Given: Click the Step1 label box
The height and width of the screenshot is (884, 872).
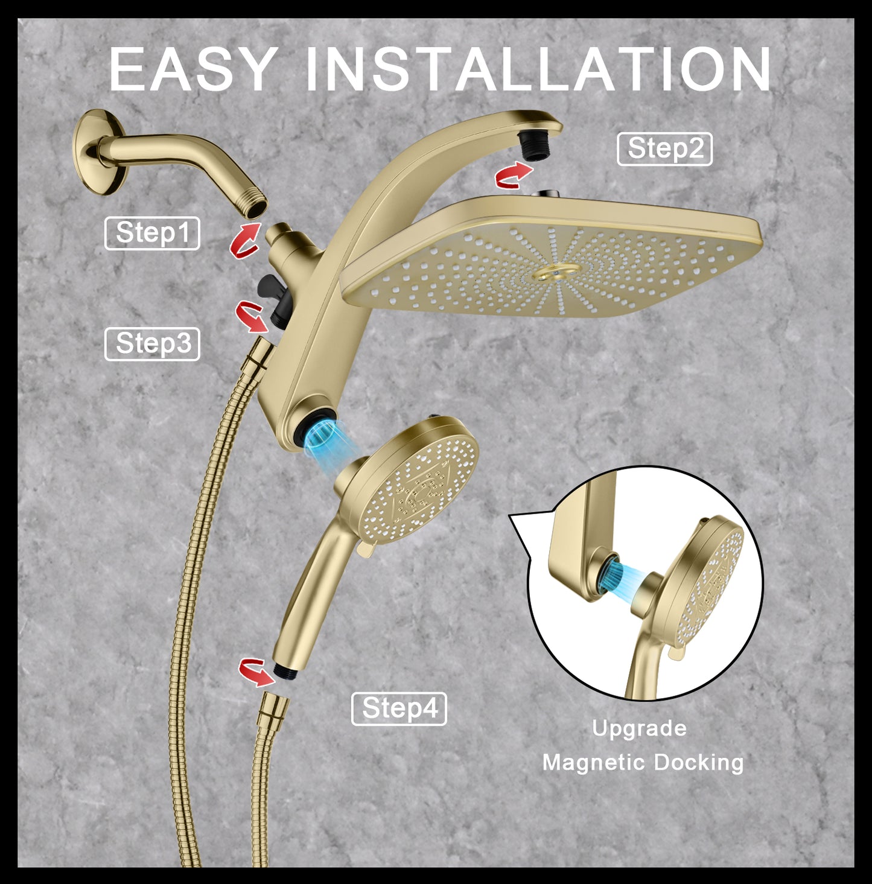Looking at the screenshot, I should [152, 233].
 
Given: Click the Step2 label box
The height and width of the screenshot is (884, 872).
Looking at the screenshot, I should [664, 149].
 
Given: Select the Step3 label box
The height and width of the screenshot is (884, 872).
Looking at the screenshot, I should [152, 344].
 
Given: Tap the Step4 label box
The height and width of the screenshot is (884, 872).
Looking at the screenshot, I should [399, 708].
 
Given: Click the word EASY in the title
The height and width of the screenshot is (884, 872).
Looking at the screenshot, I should [193, 69].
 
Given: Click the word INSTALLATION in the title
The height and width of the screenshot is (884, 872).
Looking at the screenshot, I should [538, 69].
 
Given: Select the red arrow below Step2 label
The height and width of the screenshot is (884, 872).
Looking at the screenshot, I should [513, 176].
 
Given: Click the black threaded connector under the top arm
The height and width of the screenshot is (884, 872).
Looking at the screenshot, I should [533, 146].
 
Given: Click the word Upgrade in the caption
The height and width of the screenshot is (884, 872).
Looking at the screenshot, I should [639, 728].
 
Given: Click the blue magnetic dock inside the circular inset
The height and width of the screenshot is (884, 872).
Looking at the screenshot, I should [624, 574].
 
